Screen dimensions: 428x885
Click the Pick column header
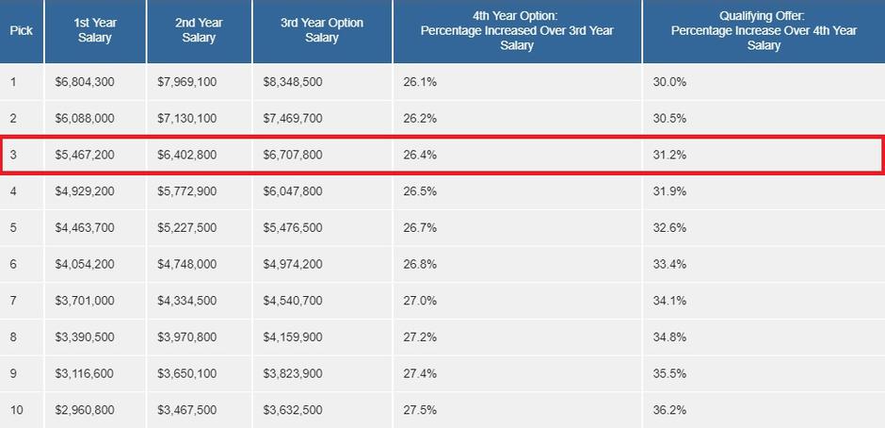click(21, 30)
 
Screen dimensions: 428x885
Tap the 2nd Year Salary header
click(199, 30)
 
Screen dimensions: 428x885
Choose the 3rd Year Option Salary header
click(321, 30)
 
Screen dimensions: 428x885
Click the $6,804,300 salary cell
click(85, 82)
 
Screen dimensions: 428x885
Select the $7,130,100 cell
click(186, 118)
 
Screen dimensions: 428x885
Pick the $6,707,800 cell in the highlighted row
click(293, 155)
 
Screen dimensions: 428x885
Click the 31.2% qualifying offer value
click(669, 155)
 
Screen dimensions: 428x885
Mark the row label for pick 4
click(13, 191)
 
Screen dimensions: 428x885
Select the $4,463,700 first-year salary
click(85, 227)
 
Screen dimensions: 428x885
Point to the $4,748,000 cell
click(186, 264)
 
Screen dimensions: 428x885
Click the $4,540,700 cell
click(293, 301)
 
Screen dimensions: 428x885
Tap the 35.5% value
click(669, 373)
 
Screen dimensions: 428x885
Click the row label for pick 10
click(16, 410)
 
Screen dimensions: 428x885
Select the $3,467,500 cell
click(186, 410)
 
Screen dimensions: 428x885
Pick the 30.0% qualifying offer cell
click(669, 82)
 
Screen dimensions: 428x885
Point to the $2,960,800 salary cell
click(85, 410)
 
